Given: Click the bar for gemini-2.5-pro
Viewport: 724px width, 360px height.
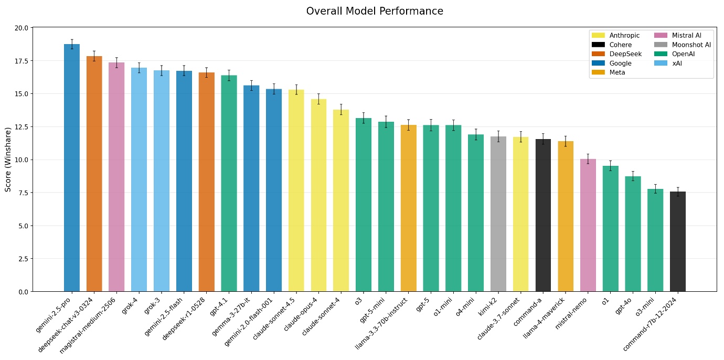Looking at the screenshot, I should [72, 168].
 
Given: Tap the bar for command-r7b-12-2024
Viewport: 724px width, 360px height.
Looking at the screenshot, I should [678, 241].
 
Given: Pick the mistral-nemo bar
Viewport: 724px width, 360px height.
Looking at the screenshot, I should [588, 225].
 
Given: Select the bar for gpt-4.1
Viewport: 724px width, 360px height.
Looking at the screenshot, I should [229, 183].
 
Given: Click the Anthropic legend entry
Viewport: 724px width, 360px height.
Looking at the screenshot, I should [616, 35].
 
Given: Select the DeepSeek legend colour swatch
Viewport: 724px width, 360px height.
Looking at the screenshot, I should [598, 54].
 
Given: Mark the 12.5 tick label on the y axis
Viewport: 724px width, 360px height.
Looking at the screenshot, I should [22, 127].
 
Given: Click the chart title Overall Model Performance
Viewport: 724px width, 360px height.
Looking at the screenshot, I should [375, 11].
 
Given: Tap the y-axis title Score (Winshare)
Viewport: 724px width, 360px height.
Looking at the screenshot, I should [8, 159].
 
